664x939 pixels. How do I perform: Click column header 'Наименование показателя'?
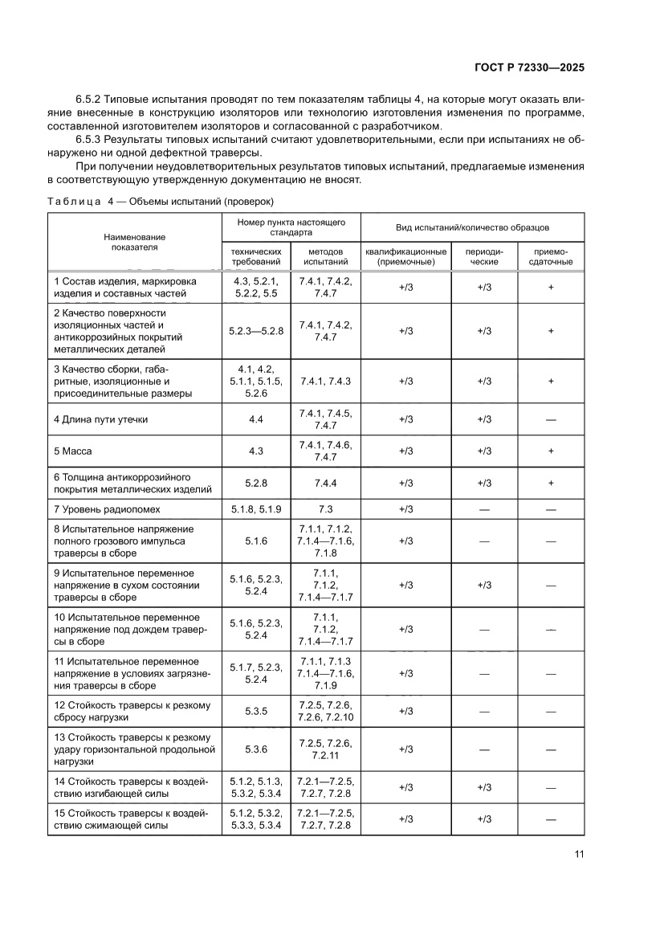click(x=134, y=242)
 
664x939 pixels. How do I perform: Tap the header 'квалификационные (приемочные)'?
click(x=405, y=256)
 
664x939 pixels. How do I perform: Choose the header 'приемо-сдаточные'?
click(x=550, y=256)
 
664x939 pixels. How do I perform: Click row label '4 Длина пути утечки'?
click(x=100, y=419)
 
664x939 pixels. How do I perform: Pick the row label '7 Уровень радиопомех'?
click(x=107, y=508)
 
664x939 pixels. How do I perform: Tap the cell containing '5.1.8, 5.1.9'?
click(x=256, y=508)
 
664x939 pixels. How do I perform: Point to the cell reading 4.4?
click(x=256, y=419)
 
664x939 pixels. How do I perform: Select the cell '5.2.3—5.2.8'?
click(x=256, y=331)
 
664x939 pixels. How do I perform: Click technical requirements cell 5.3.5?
click(x=256, y=711)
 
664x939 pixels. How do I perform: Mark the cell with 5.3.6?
click(x=256, y=749)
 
